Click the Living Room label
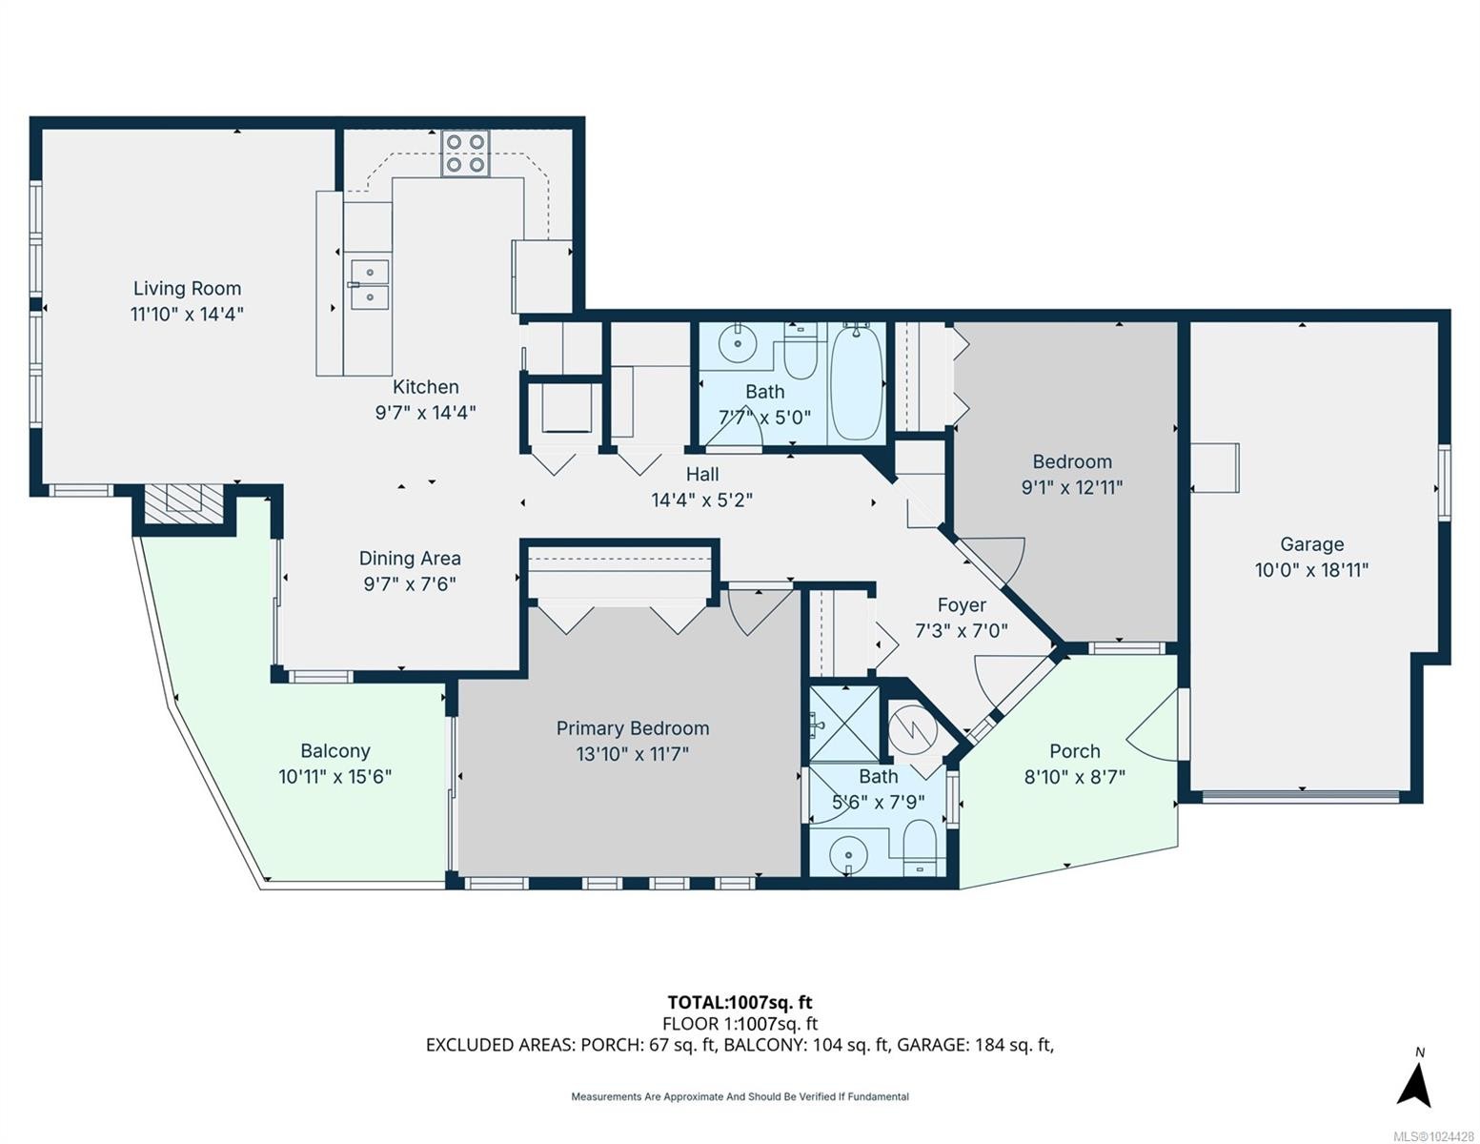187,288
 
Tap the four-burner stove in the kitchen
465,153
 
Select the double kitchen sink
368,284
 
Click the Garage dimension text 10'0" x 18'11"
1311,570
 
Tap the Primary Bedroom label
633,728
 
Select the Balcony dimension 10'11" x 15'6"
335,776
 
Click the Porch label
1074,751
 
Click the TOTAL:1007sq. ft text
740,1002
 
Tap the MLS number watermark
1434,1135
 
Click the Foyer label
961,604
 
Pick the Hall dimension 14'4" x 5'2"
701,500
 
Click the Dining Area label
410,559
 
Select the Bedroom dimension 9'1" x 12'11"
1072,487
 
